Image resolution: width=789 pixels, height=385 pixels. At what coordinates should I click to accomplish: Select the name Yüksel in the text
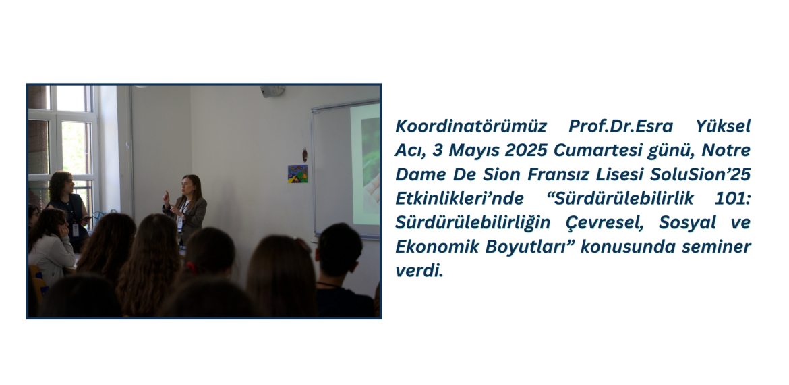[723, 126]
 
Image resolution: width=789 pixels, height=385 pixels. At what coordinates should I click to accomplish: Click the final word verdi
[419, 271]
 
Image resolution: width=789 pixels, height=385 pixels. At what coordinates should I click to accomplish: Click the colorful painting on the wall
[297, 174]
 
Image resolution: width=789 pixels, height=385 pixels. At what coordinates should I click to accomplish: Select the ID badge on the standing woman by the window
[76, 230]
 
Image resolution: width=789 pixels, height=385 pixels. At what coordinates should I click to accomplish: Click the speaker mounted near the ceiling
[272, 91]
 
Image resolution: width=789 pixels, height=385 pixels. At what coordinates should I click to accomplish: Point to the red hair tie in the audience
[192, 267]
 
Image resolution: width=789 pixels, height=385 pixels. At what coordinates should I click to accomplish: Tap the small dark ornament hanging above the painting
[304, 155]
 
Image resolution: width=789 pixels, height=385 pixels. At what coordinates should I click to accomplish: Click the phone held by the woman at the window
[86, 218]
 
